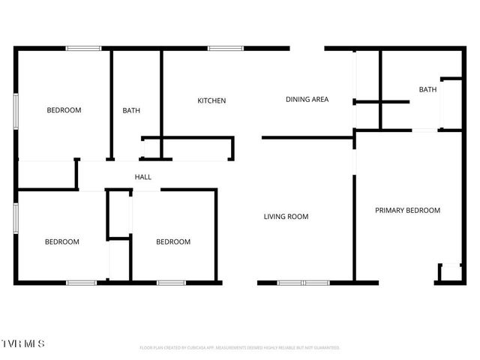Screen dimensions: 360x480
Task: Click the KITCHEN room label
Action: pos(211,100)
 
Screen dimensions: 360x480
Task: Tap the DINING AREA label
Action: pos(307,99)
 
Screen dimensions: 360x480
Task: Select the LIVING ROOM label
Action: pos(286,217)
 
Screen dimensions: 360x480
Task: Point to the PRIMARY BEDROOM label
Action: pos(407,211)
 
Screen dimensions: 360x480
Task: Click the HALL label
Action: pos(142,177)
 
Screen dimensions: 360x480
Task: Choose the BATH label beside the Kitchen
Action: pos(131,111)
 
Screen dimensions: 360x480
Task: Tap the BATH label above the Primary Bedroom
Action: pos(427,90)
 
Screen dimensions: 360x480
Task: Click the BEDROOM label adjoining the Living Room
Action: pos(173,241)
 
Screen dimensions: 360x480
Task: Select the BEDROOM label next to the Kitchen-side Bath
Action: pos(64,110)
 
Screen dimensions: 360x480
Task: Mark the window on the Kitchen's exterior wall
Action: pos(220,49)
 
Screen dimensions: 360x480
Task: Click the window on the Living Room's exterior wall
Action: pos(303,283)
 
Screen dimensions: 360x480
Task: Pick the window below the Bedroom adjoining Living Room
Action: pos(171,283)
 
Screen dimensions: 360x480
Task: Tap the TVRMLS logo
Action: pos(23,343)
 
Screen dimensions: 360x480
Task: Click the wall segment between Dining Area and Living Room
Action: pos(307,137)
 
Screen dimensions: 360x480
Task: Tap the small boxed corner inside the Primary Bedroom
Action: pos(450,273)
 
